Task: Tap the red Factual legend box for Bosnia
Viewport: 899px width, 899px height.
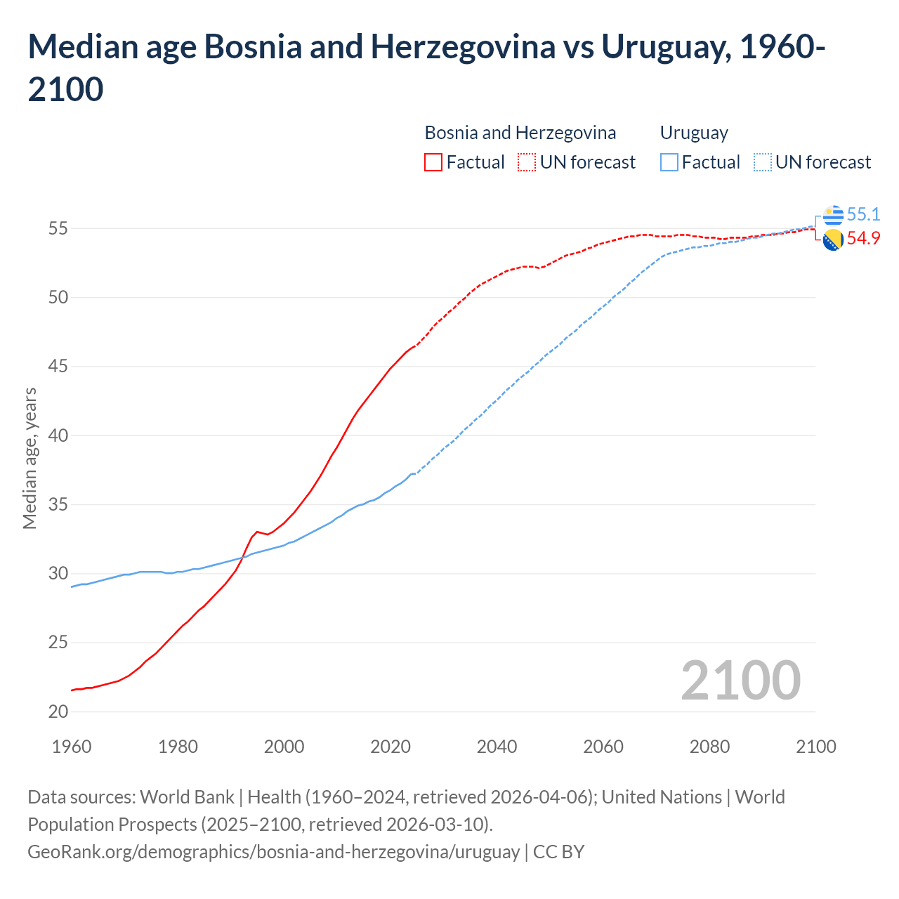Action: (x=433, y=162)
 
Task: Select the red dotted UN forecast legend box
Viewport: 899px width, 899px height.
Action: (x=527, y=162)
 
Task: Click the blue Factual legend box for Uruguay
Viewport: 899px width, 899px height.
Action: (x=669, y=162)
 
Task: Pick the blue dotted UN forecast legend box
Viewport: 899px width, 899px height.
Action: (x=763, y=162)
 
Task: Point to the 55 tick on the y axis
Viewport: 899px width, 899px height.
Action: (x=58, y=228)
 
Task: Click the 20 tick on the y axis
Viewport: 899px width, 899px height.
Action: (x=58, y=711)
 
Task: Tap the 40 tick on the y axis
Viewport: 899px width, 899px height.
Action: (x=58, y=435)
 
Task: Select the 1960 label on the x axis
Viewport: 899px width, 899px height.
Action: (x=72, y=747)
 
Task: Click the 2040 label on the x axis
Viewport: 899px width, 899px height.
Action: (x=497, y=747)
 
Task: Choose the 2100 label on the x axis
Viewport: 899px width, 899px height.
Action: (x=815, y=747)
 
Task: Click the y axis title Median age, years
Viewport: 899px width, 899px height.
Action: (x=29, y=458)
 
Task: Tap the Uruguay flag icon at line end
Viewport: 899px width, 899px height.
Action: (x=833, y=215)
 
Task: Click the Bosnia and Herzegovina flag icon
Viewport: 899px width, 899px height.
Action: (x=833, y=239)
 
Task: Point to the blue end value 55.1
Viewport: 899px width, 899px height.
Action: (x=863, y=214)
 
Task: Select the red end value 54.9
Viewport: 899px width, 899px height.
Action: (x=863, y=238)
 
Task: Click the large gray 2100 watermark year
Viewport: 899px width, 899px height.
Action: (x=740, y=680)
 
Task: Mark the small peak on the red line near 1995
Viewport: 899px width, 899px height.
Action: (x=257, y=532)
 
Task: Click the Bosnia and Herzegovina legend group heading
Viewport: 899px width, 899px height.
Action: (x=520, y=133)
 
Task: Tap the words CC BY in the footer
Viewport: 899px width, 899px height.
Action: (x=558, y=851)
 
